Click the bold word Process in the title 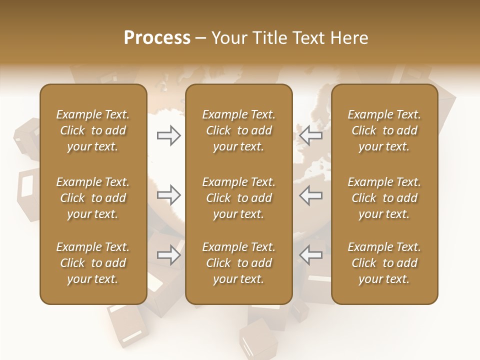coord(157,38)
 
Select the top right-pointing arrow coord(168,135)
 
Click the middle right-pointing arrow coord(168,195)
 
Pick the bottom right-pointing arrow coord(168,255)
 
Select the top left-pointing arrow coord(311,135)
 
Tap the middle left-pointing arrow coord(311,195)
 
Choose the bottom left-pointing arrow coord(311,255)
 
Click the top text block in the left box coord(93,130)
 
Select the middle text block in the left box coord(93,198)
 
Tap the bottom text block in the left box coord(93,263)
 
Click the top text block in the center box coord(239,130)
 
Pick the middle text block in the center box coord(239,198)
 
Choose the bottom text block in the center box coord(239,263)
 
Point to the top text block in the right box coord(384,130)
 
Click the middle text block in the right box coord(384,198)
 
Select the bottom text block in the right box coord(384,263)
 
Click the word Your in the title coord(228,38)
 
